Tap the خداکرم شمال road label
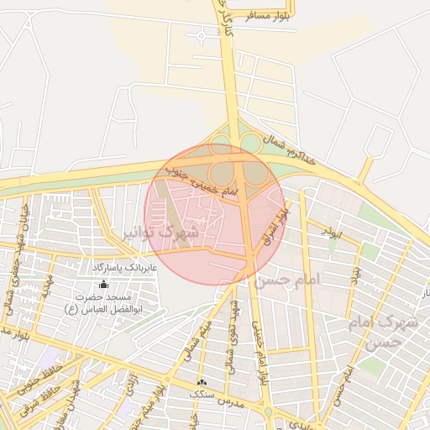292,150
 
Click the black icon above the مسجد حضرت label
103,285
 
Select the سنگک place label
202,393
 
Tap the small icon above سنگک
201,382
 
